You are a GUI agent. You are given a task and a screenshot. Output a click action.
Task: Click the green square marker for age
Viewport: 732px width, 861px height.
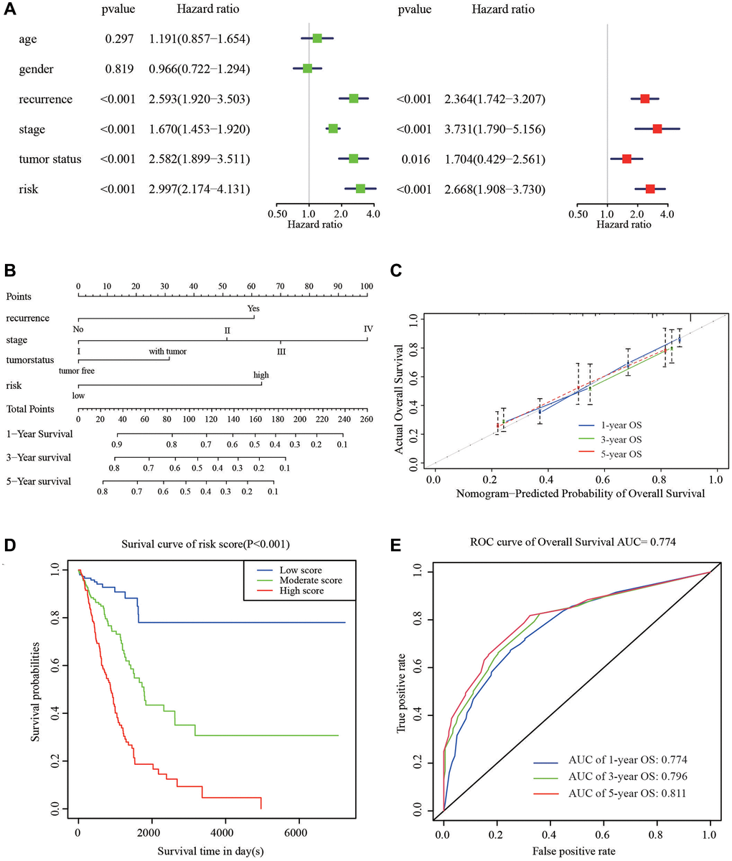click(x=317, y=38)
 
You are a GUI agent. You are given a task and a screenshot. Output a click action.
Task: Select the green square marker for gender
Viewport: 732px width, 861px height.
click(x=307, y=68)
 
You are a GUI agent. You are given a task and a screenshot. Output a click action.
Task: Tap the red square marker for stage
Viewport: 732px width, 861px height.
click(x=657, y=128)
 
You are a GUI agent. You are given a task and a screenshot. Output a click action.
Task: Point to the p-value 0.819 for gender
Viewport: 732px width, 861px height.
click(x=118, y=69)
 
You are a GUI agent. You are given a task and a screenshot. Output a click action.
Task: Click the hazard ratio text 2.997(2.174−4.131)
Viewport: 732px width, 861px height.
click(x=200, y=189)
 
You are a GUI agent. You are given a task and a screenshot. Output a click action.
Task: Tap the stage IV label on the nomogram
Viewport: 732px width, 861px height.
click(x=368, y=329)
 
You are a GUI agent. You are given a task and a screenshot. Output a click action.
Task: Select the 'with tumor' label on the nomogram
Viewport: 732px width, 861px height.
click(x=168, y=351)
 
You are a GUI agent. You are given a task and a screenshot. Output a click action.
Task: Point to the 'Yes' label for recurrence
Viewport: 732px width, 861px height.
click(x=253, y=309)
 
